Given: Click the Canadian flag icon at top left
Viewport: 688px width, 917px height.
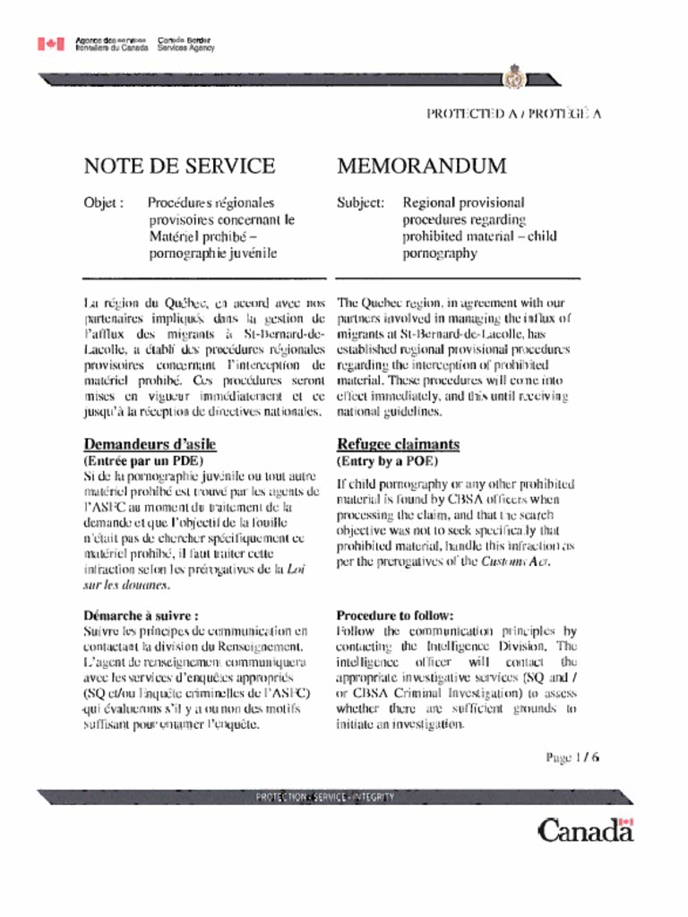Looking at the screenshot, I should [x=51, y=44].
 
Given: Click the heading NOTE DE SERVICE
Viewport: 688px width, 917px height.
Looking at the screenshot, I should [x=179, y=166].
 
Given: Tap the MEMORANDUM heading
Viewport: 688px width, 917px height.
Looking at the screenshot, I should [x=422, y=166].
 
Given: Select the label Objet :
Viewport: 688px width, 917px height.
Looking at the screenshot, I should [x=103, y=203].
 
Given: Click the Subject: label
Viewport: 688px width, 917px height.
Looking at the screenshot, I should [x=361, y=203].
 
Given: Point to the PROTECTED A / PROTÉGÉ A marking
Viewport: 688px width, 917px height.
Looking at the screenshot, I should [x=513, y=114].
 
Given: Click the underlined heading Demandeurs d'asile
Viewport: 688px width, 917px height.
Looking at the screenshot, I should [x=150, y=444].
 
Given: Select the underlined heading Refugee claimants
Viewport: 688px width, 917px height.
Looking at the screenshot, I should [x=399, y=444].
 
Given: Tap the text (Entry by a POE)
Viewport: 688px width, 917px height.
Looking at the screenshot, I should [x=387, y=461].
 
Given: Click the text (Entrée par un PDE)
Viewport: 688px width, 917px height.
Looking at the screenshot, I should [x=142, y=460].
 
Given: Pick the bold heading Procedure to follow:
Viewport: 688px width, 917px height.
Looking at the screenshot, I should [x=395, y=615].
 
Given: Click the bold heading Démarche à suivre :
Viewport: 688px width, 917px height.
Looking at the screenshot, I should [x=141, y=615].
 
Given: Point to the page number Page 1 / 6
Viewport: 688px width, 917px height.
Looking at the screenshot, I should [x=572, y=757].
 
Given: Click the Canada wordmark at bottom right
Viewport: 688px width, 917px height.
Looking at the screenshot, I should [x=585, y=830].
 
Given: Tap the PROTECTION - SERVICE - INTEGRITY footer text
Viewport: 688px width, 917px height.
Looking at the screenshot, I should [x=325, y=797].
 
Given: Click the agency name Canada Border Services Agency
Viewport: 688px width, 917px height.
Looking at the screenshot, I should [x=186, y=44].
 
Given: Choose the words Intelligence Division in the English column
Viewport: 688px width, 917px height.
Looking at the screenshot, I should [x=488, y=646].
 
